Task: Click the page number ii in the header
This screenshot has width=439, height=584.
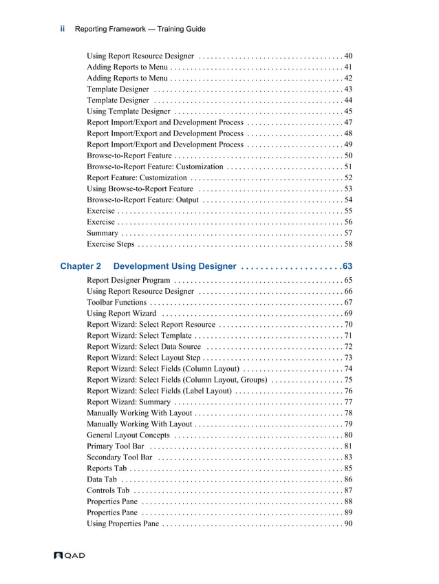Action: click(x=63, y=29)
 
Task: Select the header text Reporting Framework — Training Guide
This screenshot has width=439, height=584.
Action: click(x=140, y=29)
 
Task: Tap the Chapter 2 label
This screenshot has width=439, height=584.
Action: click(x=81, y=266)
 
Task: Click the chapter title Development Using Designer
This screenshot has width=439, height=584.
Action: click(x=175, y=266)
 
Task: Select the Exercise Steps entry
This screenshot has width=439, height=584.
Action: click(x=111, y=244)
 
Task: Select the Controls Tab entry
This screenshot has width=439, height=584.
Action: click(x=108, y=490)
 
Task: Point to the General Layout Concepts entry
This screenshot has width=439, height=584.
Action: click(x=128, y=435)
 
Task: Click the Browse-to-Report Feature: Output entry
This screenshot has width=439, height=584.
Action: click(x=142, y=200)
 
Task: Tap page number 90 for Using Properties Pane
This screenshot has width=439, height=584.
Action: click(x=348, y=523)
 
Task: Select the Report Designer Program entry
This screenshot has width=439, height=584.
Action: click(x=129, y=281)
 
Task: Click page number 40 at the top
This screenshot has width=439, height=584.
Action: click(x=348, y=56)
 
